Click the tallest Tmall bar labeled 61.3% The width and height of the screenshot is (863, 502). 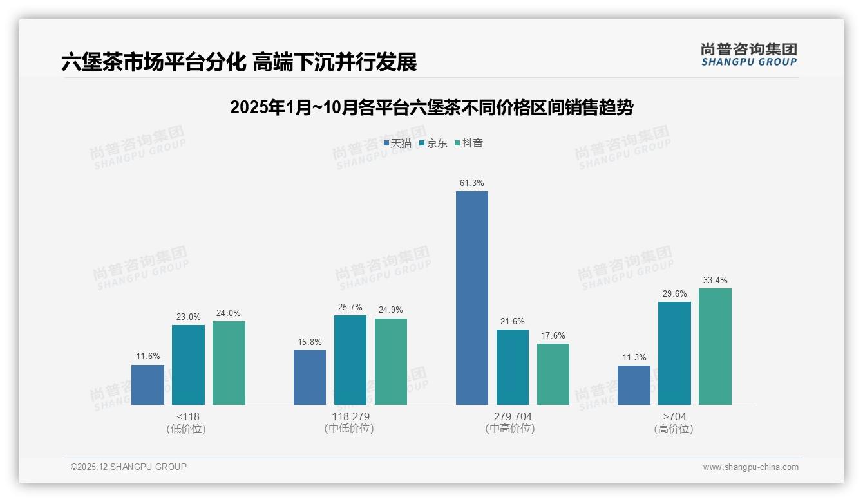[x=471, y=298]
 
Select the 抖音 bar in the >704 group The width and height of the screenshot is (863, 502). [x=715, y=346]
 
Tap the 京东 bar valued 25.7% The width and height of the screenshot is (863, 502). [x=350, y=360]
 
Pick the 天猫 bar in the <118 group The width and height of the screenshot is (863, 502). [x=147, y=384]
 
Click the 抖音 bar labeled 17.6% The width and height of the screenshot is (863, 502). [x=553, y=374]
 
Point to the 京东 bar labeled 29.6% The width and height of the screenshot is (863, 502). [x=674, y=353]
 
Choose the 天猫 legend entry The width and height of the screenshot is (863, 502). [x=397, y=144]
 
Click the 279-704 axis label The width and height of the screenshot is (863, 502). [x=512, y=417]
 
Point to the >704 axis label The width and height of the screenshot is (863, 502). [x=674, y=417]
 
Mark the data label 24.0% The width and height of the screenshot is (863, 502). [x=228, y=313]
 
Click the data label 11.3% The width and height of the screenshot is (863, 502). [x=634, y=358]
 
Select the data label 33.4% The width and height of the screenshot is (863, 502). [x=715, y=281]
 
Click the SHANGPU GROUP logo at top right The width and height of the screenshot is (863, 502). [x=748, y=55]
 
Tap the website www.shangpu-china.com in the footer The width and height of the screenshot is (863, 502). [x=750, y=467]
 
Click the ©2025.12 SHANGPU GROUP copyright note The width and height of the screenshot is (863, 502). [x=129, y=467]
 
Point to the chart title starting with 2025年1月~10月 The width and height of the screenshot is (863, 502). [x=431, y=107]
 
